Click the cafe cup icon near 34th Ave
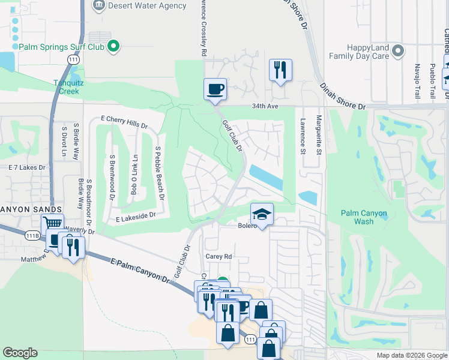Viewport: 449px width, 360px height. pyautogui.click(x=215, y=90)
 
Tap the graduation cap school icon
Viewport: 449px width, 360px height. pyautogui.click(x=262, y=214)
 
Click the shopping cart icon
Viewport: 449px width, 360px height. pyautogui.click(x=53, y=224)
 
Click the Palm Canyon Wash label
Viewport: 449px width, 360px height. pyautogui.click(x=364, y=217)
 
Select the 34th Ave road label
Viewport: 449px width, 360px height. pyautogui.click(x=266, y=106)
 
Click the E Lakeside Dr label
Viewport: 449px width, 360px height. pyautogui.click(x=135, y=214)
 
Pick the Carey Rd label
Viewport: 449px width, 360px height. pyautogui.click(x=218, y=256)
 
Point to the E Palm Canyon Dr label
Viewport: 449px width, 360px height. pyautogui.click(x=140, y=268)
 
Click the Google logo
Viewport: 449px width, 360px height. pyautogui.click(x=20, y=353)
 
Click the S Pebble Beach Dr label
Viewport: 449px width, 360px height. pyautogui.click(x=159, y=173)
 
